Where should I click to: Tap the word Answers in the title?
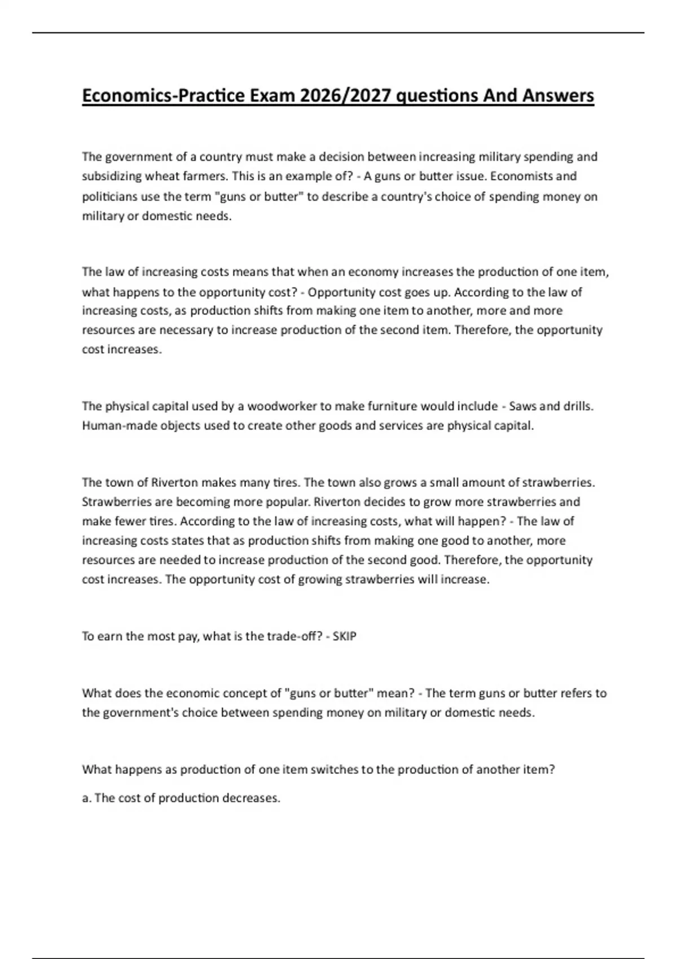point(558,96)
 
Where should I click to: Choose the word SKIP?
point(345,636)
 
